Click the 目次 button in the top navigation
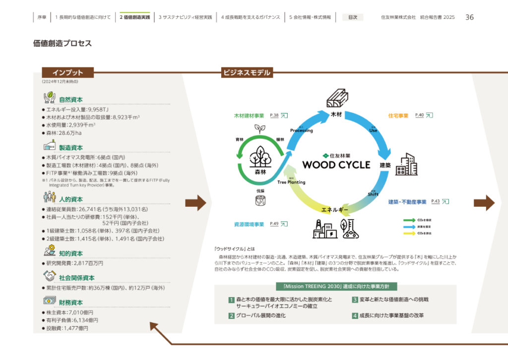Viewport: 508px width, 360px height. coord(353,17)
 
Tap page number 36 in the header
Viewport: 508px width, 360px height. coord(469,17)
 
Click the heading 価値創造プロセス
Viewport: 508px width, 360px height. coord(63,44)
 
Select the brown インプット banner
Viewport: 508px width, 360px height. coord(68,73)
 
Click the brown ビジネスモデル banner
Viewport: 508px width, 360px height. coord(247,73)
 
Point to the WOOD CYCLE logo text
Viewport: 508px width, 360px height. coord(336,164)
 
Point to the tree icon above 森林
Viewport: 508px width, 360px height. coord(259,157)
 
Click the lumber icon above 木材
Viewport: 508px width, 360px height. coord(337,99)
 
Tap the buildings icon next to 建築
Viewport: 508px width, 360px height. coord(406,165)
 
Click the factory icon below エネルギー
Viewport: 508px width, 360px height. coord(324,228)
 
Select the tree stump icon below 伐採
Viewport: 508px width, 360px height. coord(260,200)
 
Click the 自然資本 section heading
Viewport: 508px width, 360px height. coord(71,100)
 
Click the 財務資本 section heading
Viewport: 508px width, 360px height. coord(71,302)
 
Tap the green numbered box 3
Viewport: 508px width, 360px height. coord(355,300)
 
